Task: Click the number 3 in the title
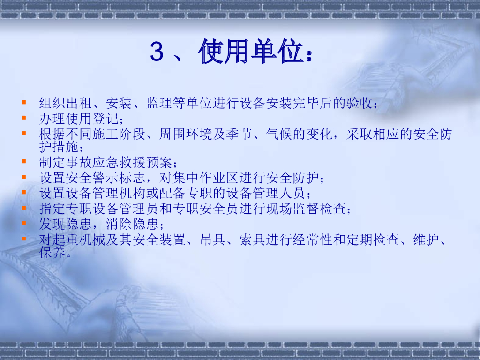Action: coord(157,52)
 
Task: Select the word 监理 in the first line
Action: coord(159,103)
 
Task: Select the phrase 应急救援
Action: coord(119,163)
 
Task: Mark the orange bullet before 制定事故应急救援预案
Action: coord(23,162)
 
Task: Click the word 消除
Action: coord(119,224)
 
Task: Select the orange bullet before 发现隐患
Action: coord(23,223)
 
